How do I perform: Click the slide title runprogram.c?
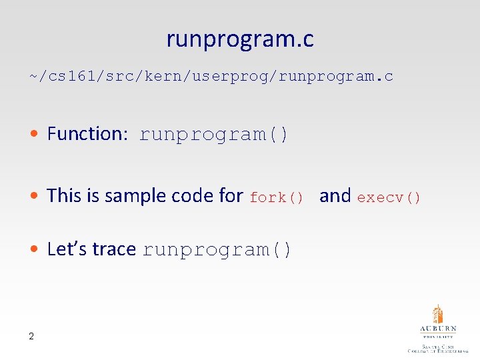click(240, 40)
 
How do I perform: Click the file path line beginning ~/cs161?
click(211, 76)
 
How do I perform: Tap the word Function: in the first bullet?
click(87, 134)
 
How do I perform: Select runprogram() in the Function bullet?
click(214, 135)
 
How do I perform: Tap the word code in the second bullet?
click(193, 195)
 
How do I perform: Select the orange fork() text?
click(277, 197)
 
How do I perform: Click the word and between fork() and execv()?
click(335, 195)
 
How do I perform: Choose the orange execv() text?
click(389, 197)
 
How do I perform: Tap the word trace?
click(114, 249)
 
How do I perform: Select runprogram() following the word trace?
click(217, 250)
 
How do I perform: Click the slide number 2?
click(31, 336)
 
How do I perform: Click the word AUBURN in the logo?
click(438, 329)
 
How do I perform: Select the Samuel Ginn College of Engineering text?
click(438, 347)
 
